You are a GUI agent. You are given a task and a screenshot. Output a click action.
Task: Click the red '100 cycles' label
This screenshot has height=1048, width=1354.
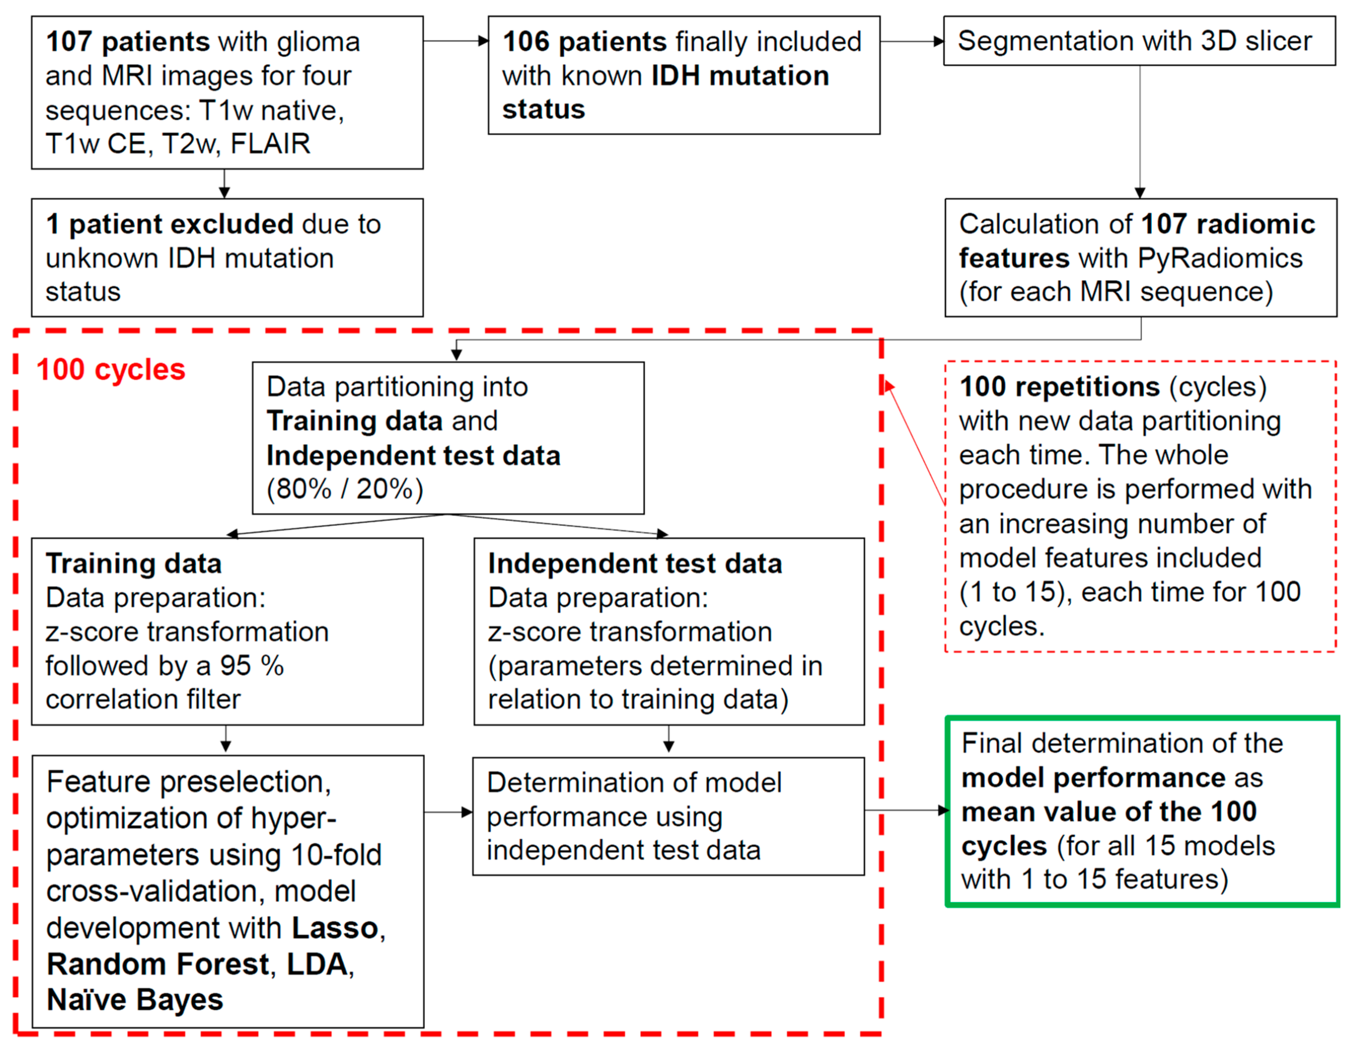110,370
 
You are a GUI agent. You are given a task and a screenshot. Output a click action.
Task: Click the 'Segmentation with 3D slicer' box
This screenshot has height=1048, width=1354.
1139,41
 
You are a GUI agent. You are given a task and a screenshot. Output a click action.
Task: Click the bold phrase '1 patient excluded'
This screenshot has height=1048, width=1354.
169,224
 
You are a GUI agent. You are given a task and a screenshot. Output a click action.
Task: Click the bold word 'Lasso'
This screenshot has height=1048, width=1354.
335,928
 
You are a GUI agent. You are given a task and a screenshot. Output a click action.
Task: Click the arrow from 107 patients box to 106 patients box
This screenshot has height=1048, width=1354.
455,42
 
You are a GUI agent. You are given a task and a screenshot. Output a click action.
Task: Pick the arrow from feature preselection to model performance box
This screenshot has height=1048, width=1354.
447,812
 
